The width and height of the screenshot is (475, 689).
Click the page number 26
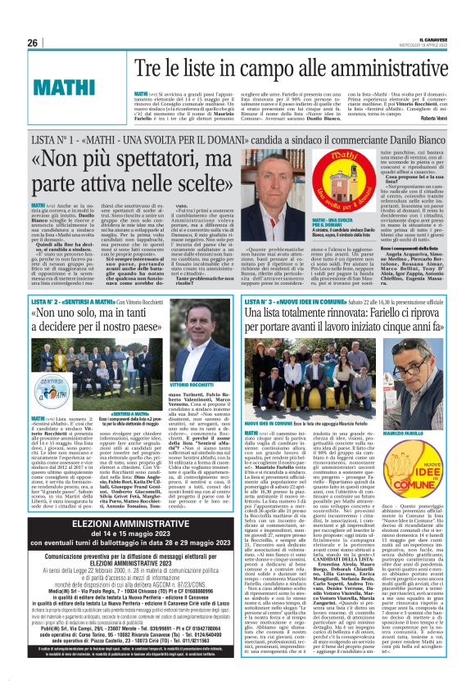tap(33, 43)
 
